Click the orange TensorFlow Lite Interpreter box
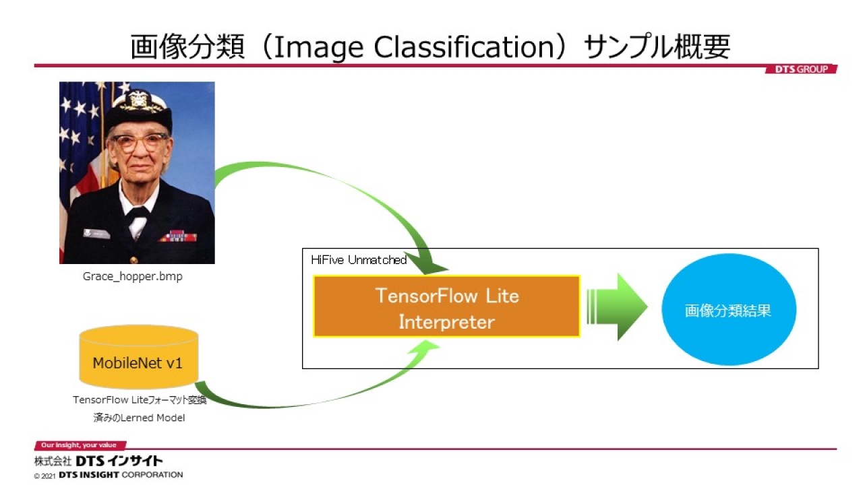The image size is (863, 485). pos(446,306)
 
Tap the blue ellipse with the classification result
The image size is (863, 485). pos(729,309)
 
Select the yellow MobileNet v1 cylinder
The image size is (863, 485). pos(139,357)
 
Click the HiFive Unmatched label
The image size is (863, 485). pos(359,260)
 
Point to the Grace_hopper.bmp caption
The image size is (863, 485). pos(133,276)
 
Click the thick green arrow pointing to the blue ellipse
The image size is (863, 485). pos(617,307)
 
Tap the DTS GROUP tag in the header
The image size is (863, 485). pos(801,69)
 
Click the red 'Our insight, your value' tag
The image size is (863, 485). pos(80,445)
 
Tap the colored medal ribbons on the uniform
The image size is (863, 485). pos(179,235)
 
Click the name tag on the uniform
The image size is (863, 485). pos(96,233)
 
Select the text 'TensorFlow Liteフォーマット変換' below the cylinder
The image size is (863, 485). pos(140,400)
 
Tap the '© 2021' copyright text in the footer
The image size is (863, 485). pos(44,476)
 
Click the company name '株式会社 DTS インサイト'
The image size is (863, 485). pos(98,461)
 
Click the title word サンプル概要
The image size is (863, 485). pos(657,47)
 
